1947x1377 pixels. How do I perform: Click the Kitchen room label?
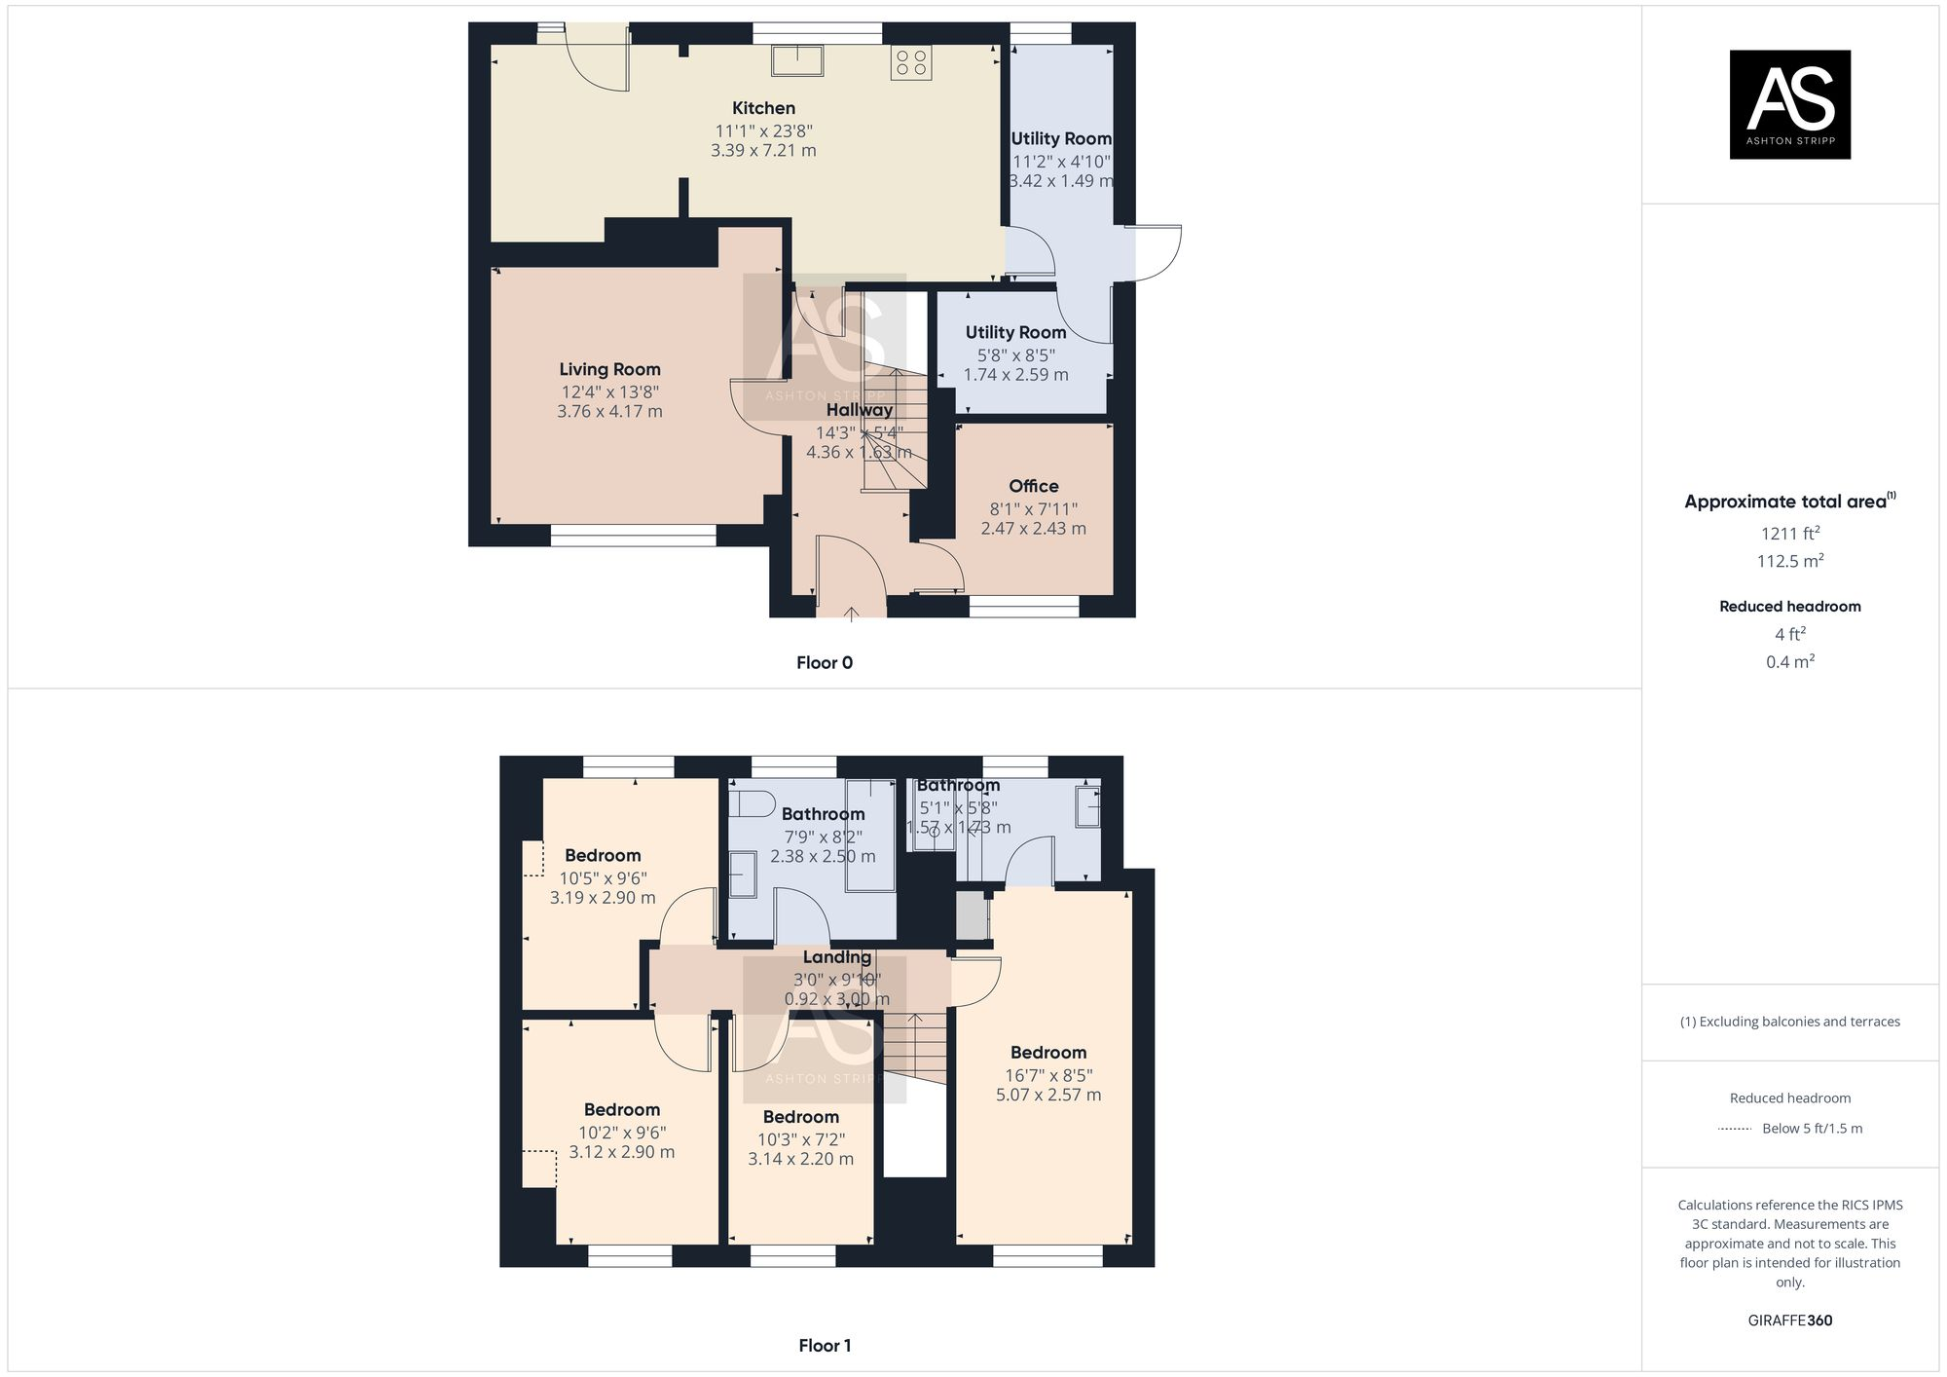click(763, 108)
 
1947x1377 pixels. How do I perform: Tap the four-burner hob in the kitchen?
click(911, 62)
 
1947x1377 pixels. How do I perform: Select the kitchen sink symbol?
click(797, 60)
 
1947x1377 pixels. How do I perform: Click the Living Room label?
click(609, 369)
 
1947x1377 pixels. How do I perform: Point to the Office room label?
click(1033, 486)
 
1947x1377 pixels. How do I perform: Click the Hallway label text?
click(859, 410)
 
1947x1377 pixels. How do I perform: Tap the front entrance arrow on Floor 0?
click(851, 614)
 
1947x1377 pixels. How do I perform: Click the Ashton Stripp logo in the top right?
click(1789, 104)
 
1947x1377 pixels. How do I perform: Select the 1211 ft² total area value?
click(1789, 534)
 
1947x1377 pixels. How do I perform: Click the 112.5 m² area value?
click(1789, 561)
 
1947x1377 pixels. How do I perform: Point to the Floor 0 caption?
click(824, 663)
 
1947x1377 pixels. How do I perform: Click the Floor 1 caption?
click(824, 1346)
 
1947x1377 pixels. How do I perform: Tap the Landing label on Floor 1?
click(837, 957)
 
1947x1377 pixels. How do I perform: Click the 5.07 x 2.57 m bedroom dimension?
click(1047, 1095)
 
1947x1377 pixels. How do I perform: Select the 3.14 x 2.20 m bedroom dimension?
click(800, 1159)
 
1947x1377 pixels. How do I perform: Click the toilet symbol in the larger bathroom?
click(752, 803)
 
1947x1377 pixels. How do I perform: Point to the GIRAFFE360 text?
click(1789, 1321)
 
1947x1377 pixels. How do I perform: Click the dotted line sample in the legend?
click(1735, 1129)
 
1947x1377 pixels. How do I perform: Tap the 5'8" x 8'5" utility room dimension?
click(1015, 355)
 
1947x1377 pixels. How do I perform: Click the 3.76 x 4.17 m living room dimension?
click(609, 412)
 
